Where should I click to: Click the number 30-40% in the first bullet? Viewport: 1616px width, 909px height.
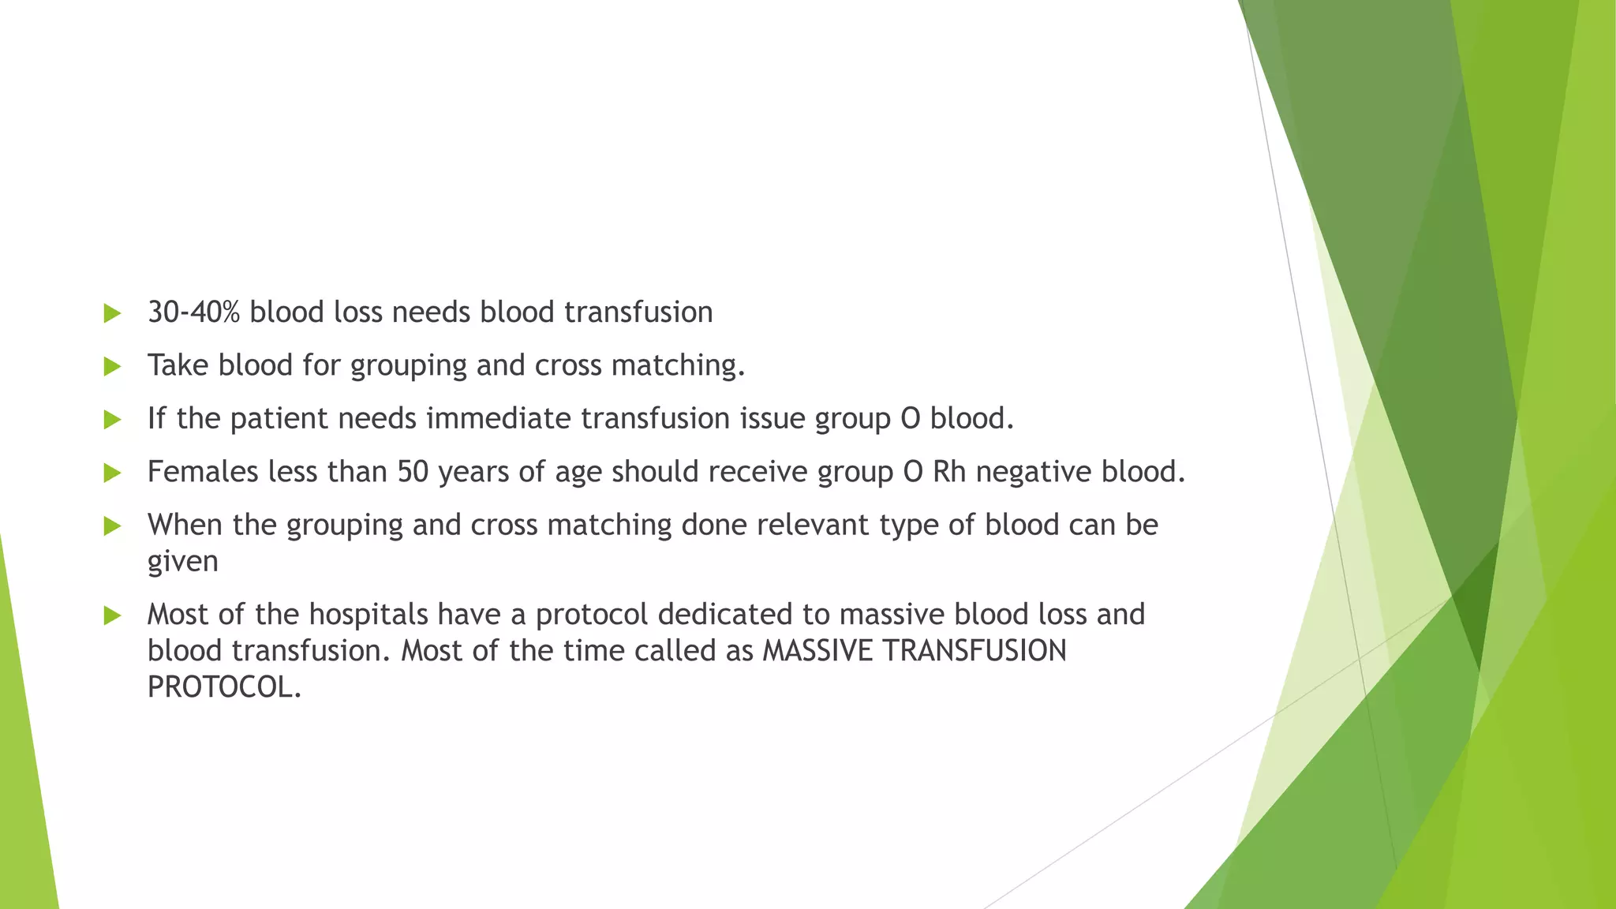coord(193,312)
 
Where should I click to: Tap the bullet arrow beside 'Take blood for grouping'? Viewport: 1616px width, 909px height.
coord(112,366)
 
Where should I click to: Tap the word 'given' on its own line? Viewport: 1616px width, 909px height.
coord(182,562)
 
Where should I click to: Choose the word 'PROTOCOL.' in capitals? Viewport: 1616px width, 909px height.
coord(224,687)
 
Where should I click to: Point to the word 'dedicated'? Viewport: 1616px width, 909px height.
coord(725,615)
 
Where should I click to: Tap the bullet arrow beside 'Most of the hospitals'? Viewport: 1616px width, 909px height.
coord(112,615)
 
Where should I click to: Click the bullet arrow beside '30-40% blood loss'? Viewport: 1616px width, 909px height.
coord(112,313)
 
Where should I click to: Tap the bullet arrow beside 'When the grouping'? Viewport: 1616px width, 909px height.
coord(112,526)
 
